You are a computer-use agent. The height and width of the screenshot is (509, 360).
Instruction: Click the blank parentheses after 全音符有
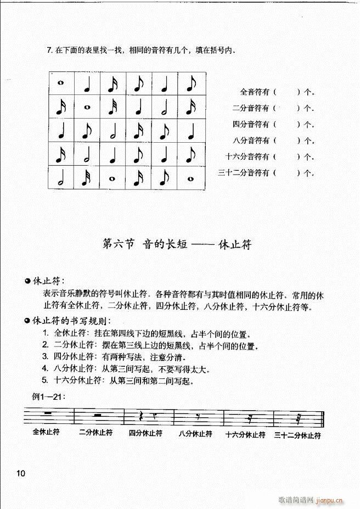286,92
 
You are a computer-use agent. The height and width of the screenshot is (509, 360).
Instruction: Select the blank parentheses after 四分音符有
286,124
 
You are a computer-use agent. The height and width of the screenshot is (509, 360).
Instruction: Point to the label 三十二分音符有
243,173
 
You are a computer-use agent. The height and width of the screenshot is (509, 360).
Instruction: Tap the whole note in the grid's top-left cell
60,83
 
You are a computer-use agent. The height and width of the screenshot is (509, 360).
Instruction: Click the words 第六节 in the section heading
119,245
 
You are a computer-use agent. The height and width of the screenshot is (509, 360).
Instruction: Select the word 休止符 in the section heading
234,245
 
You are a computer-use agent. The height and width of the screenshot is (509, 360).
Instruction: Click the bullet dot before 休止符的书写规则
27,321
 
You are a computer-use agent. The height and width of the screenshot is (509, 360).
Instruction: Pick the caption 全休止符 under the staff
46,432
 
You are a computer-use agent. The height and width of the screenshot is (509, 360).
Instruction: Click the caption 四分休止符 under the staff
145,433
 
